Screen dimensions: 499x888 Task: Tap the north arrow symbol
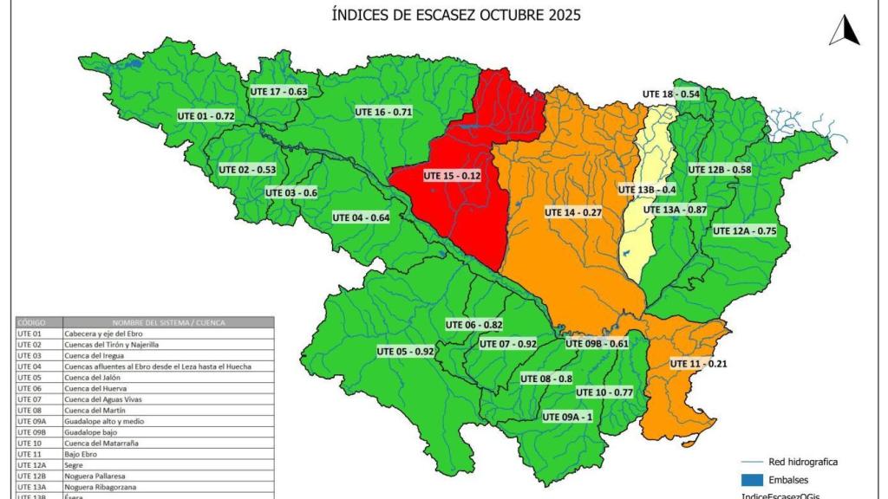click(x=843, y=30)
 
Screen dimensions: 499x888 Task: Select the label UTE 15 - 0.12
click(x=451, y=175)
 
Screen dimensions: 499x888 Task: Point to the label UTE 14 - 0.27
click(x=572, y=212)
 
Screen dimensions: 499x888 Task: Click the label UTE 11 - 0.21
click(x=698, y=364)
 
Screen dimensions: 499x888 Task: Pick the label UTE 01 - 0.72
click(x=206, y=115)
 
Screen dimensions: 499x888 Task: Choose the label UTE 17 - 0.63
click(x=278, y=91)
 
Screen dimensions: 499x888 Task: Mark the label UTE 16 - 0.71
click(x=383, y=112)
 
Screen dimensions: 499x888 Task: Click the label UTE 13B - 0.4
click(x=647, y=190)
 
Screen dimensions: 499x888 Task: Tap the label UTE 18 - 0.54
click(x=671, y=94)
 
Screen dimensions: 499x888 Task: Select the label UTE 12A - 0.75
click(x=744, y=231)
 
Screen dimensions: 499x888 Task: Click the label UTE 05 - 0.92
click(x=405, y=352)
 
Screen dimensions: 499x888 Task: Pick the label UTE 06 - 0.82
click(x=474, y=325)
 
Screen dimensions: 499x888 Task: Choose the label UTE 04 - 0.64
click(x=360, y=217)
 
